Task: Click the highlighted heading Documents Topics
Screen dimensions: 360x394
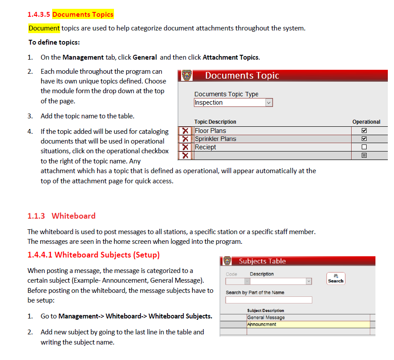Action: (x=83, y=15)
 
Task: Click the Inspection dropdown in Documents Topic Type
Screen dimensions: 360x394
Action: (x=233, y=102)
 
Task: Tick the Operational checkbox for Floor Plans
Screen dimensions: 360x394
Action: (x=364, y=131)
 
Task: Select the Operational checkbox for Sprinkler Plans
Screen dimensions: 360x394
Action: (x=364, y=139)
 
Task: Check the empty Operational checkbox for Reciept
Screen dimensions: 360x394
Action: (x=364, y=147)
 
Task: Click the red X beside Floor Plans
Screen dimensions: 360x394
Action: (x=186, y=131)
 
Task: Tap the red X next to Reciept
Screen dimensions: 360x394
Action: (x=186, y=147)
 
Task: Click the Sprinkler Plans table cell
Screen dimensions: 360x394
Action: (x=216, y=139)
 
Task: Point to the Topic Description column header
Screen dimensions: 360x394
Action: (x=215, y=122)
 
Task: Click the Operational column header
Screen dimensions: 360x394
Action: (x=366, y=122)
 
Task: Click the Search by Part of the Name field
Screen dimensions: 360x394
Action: (x=269, y=300)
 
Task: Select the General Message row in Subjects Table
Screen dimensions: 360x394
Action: (x=266, y=317)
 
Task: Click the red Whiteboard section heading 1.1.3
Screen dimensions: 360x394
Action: (x=61, y=216)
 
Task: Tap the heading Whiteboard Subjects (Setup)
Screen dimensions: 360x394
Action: (x=93, y=255)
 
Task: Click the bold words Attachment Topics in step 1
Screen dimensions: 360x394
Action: (x=231, y=57)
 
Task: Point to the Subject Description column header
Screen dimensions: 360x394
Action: (x=265, y=311)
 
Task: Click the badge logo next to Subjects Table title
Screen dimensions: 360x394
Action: (x=227, y=261)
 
